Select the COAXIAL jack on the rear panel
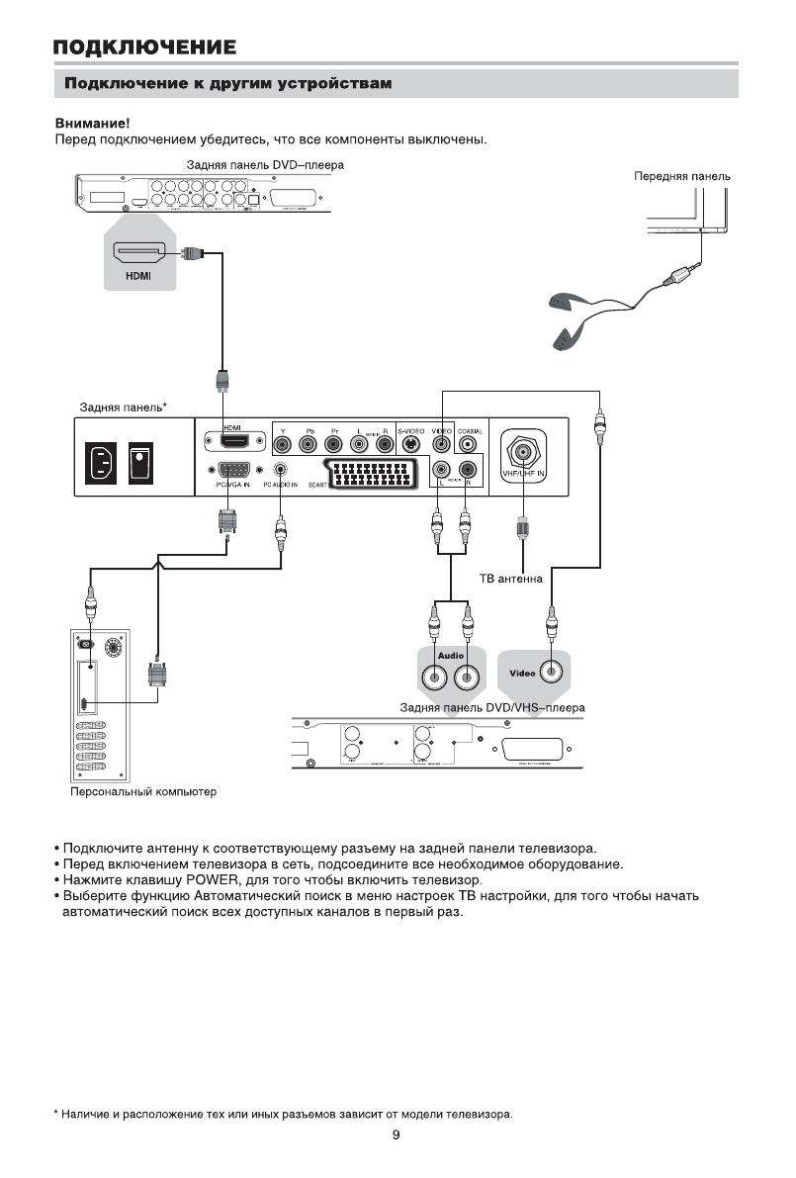tap(468, 445)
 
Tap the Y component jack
tap(283, 445)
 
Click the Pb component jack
tap(309, 445)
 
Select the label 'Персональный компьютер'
tap(129, 792)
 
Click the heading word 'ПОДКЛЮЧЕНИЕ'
tap(144, 46)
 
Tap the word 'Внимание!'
tap(85, 124)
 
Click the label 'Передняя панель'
tap(681, 176)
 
